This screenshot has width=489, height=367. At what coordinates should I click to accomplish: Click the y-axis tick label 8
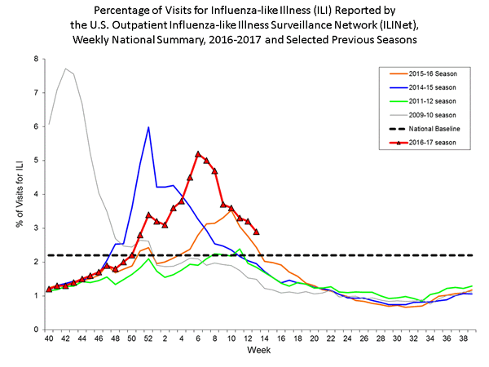coord(36,60)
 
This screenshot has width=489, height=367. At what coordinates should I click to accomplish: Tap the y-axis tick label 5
coord(36,161)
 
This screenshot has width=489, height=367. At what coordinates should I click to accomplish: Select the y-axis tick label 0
coord(36,329)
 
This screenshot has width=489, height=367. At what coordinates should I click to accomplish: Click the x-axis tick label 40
coord(49,338)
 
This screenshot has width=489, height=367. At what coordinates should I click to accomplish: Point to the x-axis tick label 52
coord(148,338)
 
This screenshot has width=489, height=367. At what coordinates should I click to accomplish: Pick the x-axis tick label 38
coord(464,338)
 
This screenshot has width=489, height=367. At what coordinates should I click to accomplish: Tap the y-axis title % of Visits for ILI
coord(17,193)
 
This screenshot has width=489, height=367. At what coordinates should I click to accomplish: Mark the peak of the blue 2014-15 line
coord(148,127)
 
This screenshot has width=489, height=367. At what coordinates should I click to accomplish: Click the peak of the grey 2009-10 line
coord(66,69)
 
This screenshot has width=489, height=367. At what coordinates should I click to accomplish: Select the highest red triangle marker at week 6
coord(198,153)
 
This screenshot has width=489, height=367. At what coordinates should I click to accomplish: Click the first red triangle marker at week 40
coord(49,289)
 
